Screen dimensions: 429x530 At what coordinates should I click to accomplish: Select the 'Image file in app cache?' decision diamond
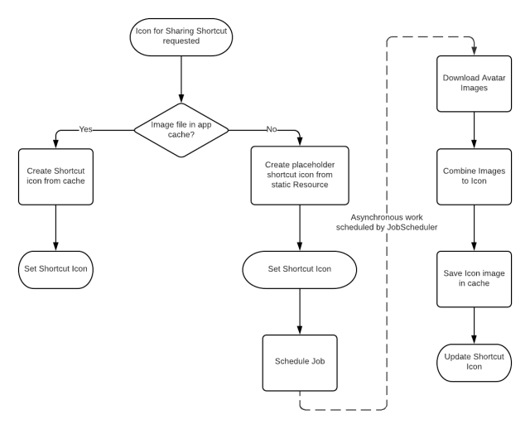tap(181, 129)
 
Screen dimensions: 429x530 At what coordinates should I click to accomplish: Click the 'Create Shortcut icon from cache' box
tap(55, 176)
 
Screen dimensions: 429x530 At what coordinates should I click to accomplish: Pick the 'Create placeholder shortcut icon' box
tap(300, 176)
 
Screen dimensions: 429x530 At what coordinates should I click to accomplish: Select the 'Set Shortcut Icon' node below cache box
tap(55, 268)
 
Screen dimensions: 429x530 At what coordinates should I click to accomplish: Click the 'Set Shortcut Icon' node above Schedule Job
tap(300, 269)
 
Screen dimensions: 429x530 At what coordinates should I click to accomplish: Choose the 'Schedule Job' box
tap(300, 362)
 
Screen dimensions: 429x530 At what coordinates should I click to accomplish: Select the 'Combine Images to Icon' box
tap(473, 176)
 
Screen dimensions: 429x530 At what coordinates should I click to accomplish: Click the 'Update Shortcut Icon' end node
tap(473, 361)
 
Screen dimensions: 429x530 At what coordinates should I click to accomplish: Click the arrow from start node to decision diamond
tap(181, 83)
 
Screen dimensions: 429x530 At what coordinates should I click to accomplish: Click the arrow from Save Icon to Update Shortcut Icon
tap(473, 323)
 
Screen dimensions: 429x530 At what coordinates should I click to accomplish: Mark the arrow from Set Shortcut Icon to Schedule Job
tap(300, 311)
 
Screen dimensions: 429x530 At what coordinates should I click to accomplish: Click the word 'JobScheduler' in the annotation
tap(413, 228)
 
